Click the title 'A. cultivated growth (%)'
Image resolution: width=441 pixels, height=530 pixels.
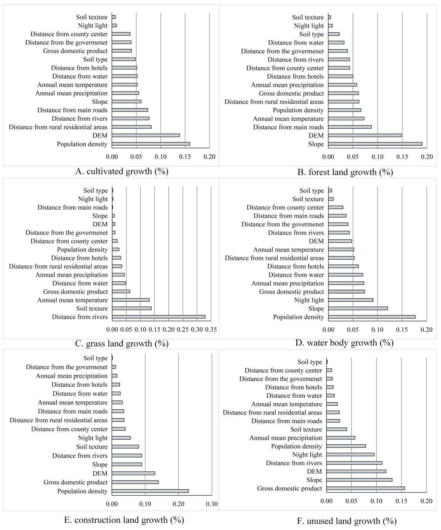point(122,171)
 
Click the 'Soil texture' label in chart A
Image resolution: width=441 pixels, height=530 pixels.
point(92,17)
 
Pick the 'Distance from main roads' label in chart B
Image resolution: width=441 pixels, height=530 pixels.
point(288,127)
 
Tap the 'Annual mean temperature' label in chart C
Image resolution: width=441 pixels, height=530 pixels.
point(72,300)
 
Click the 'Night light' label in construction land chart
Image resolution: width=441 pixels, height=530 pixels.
point(93,438)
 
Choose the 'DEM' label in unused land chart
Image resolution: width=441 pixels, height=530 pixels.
point(314,471)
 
